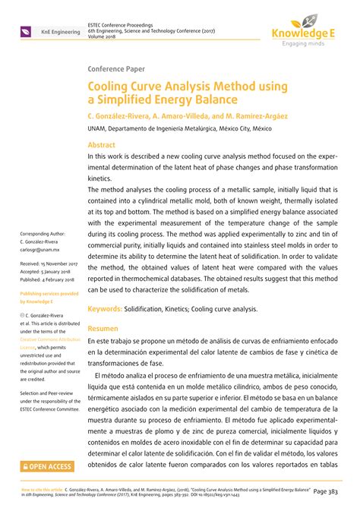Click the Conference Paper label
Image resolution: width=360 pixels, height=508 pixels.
pos(118,68)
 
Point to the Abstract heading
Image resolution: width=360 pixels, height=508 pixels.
pos(102,144)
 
